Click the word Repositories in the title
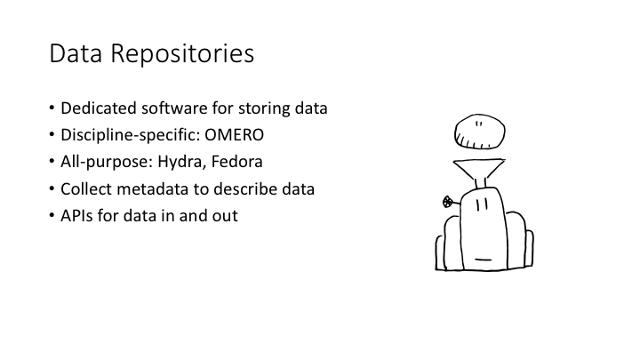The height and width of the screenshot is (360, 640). [x=182, y=54]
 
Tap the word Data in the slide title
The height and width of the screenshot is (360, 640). [x=76, y=53]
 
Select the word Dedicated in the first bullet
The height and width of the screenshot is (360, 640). [x=99, y=108]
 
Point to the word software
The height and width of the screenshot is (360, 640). [x=175, y=108]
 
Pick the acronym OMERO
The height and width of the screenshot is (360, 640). [x=235, y=135]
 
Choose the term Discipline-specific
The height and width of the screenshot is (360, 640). [x=130, y=135]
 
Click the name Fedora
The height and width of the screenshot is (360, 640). [x=236, y=162]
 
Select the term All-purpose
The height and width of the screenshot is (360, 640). [x=107, y=162]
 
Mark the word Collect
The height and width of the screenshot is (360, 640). [x=86, y=189]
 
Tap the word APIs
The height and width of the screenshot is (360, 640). [x=76, y=216]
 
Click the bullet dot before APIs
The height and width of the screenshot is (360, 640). [x=52, y=215]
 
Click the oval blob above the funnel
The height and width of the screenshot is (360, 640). [x=480, y=132]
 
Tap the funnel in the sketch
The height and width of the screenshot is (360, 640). [x=479, y=169]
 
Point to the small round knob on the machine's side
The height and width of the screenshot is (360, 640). [x=448, y=202]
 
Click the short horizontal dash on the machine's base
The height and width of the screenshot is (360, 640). [x=483, y=260]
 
